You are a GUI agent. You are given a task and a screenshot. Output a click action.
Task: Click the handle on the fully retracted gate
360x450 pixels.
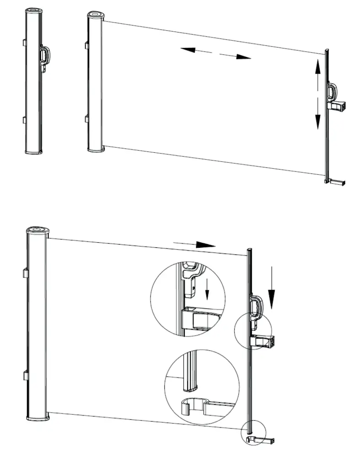click(x=45, y=56)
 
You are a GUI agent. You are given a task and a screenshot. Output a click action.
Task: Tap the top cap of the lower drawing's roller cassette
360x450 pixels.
click(x=37, y=230)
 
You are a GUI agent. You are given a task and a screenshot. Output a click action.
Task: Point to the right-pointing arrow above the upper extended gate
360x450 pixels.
click(x=236, y=56)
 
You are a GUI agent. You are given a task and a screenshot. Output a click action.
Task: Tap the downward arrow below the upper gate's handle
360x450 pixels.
click(x=317, y=115)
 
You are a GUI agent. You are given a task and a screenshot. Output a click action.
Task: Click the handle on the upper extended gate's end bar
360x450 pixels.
click(x=332, y=91)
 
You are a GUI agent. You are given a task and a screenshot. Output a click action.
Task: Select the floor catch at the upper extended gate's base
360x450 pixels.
click(x=337, y=182)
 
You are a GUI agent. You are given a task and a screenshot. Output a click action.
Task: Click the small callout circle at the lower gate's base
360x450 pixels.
click(x=253, y=432)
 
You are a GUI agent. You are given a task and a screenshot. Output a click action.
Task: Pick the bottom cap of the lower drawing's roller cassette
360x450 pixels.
click(x=38, y=418)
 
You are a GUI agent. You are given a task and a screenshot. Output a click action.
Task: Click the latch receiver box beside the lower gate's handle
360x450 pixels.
click(x=264, y=341)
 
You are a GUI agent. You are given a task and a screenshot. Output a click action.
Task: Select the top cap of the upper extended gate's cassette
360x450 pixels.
click(x=96, y=16)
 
